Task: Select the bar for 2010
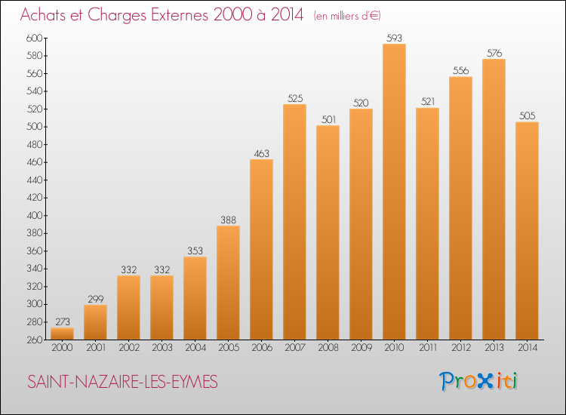[394, 192]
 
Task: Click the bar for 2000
[62, 334]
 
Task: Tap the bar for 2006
[261, 249]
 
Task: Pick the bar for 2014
[527, 231]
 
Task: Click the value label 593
[394, 38]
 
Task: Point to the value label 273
[63, 321]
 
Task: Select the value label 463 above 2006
[261, 153]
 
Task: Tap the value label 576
[494, 53]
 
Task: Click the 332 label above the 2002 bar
[129, 269]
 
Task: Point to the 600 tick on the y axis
[34, 38]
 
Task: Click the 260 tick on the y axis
[34, 340]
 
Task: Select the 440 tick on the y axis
[34, 180]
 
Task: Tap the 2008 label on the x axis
[328, 348]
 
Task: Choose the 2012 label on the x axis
[461, 348]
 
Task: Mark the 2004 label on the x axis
[195, 348]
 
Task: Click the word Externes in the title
[180, 15]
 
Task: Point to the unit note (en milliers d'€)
[347, 16]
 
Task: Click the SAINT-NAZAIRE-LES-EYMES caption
[123, 382]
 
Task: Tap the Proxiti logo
[478, 381]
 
